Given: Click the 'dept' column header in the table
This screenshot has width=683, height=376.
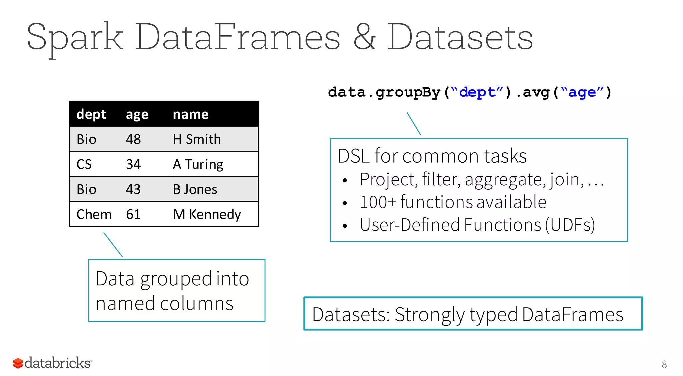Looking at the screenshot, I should click(x=91, y=114).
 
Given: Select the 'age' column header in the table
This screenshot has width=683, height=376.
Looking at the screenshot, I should click(x=137, y=115).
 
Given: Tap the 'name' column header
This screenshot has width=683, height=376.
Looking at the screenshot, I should click(x=190, y=114).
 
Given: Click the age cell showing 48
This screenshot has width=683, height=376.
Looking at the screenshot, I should click(x=133, y=139).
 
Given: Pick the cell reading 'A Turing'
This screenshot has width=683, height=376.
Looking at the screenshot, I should click(x=198, y=164).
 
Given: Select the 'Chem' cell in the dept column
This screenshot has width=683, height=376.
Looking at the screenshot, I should click(x=94, y=214).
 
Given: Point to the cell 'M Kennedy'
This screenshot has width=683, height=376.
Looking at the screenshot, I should click(x=207, y=214).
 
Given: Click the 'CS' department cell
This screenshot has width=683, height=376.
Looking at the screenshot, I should click(x=84, y=164).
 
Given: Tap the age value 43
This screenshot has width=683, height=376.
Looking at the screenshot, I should click(x=133, y=189).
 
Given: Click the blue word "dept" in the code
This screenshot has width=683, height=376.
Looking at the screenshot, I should click(x=477, y=92).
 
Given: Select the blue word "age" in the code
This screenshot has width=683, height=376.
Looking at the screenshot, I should click(x=582, y=92).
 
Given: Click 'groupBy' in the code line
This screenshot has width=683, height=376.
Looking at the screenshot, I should click(x=408, y=92).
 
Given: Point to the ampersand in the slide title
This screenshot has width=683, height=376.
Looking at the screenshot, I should click(x=364, y=37).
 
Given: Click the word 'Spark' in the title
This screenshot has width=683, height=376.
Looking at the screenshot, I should click(x=75, y=37).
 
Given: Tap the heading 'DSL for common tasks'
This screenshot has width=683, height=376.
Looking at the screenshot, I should click(x=432, y=156).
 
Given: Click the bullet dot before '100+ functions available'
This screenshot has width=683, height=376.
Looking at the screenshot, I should click(x=345, y=203).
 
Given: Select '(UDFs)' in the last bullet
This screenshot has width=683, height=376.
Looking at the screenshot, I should click(x=570, y=225).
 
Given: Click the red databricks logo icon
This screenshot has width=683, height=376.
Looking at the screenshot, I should click(x=18, y=363).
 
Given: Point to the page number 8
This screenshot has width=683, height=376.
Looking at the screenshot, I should click(x=664, y=364).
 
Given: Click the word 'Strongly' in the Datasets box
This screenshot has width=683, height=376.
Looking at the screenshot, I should click(x=430, y=315).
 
